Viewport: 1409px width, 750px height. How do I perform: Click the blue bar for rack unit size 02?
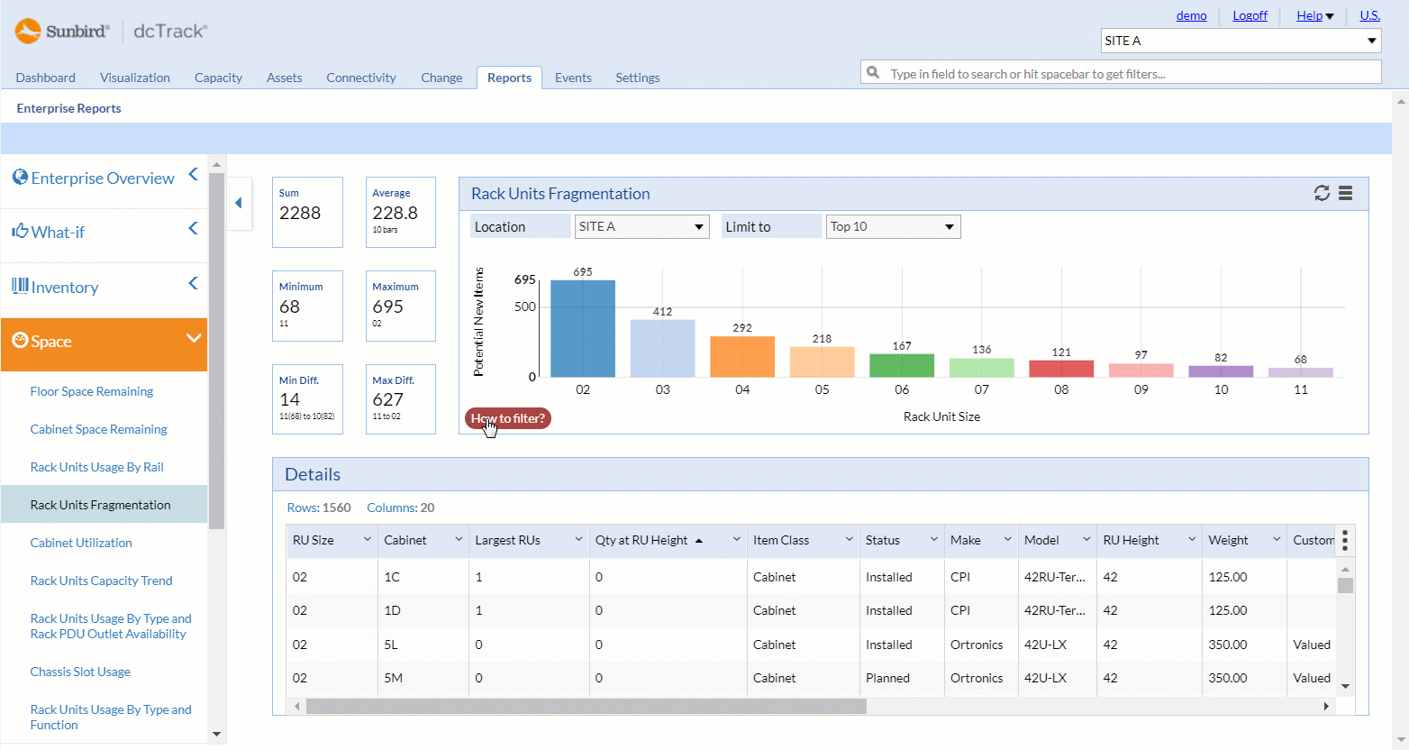coord(583,329)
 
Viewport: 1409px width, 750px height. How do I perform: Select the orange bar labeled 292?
coord(742,357)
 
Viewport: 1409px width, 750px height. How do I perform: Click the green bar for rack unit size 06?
coord(902,366)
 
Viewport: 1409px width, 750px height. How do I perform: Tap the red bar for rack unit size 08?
coord(1061,369)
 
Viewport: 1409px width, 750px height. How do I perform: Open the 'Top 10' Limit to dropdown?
coord(893,227)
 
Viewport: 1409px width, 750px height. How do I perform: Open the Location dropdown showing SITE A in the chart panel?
coord(641,227)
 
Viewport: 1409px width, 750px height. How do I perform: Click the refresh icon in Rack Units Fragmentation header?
coord(1322,193)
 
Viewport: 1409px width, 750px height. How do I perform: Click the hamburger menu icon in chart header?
coord(1345,193)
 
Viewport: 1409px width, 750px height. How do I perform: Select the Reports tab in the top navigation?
coord(509,78)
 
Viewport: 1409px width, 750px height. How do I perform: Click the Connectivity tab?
coord(360,78)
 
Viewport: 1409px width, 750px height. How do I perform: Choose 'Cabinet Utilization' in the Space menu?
coord(81,543)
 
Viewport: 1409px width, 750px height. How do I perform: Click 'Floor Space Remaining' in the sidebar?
coord(92,391)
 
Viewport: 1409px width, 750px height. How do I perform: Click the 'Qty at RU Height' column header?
coord(641,540)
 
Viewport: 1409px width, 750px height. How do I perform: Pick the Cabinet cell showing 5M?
coord(394,678)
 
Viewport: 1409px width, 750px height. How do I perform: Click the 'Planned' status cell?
coord(887,678)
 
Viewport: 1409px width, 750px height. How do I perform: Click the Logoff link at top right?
coord(1250,15)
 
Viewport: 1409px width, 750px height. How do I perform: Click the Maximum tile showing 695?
coord(401,306)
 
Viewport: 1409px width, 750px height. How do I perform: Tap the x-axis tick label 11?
coord(1300,389)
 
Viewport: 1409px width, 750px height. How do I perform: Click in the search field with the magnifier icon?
coord(1126,74)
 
